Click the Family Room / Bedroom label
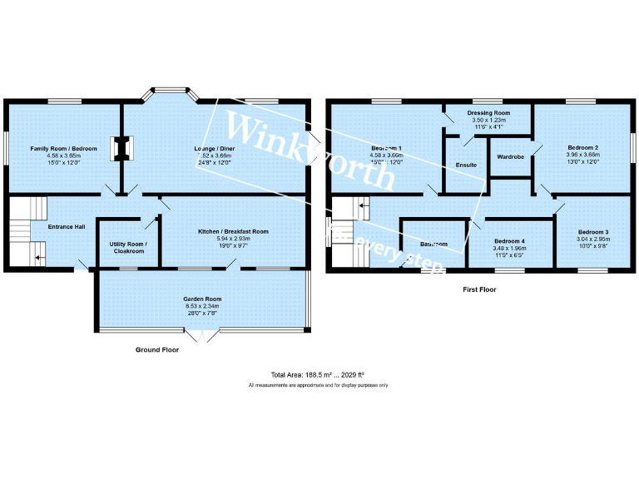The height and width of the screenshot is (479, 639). tap(64, 148)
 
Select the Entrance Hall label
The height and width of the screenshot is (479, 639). tap(66, 226)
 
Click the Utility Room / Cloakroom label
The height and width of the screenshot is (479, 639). tap(128, 248)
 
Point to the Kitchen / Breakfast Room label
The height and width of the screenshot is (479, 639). tap(233, 230)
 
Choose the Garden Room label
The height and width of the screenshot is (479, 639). tap(202, 299)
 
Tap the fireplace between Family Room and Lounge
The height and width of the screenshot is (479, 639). tap(122, 147)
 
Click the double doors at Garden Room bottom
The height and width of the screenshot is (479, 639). tap(202, 335)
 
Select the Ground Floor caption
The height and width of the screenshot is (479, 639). tap(157, 350)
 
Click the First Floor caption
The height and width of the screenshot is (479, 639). tap(480, 289)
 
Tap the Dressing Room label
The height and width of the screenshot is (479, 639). tap(488, 112)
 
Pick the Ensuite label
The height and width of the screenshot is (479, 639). tap(466, 165)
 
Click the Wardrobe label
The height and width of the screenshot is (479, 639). tap(509, 156)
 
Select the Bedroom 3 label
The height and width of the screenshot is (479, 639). tap(594, 231)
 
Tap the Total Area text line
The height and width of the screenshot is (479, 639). tap(318, 375)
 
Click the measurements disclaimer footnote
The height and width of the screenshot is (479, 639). tap(318, 385)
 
